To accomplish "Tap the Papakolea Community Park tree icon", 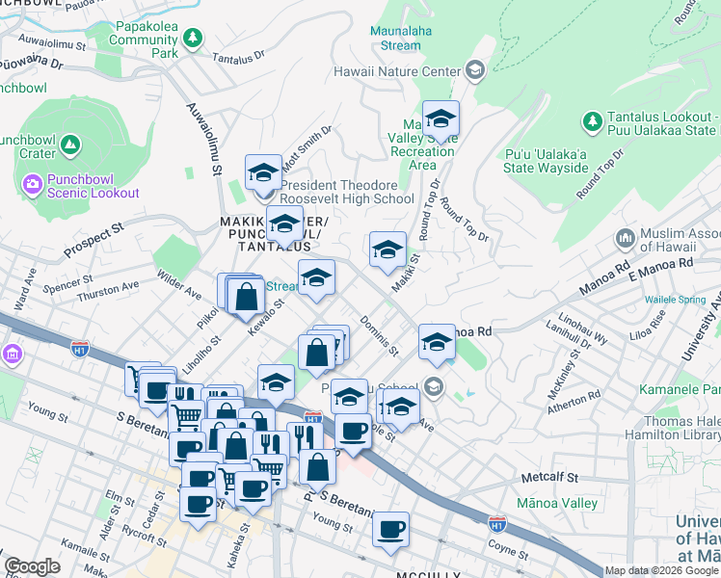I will coord(194,37).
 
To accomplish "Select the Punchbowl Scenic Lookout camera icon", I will coord(32,182).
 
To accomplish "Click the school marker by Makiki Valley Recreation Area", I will coord(441,118).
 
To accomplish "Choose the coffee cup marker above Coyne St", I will coord(390,529).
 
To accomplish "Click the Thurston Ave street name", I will coord(109,289).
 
